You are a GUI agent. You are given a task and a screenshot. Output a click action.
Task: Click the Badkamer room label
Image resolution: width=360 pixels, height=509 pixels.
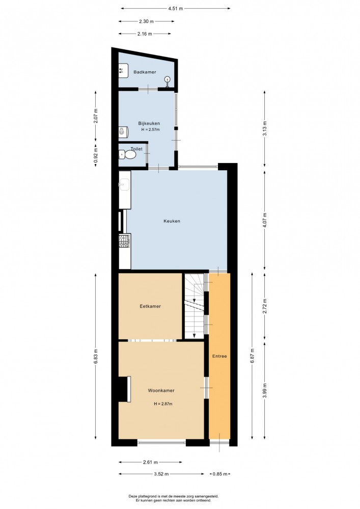click(145, 72)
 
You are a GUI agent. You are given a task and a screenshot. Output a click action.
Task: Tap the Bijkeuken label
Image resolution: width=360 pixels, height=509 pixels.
click(149, 123)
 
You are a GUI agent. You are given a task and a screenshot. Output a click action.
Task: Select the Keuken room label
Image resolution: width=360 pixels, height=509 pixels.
click(172, 221)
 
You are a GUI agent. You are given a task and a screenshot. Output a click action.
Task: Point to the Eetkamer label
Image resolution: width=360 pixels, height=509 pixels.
click(150, 306)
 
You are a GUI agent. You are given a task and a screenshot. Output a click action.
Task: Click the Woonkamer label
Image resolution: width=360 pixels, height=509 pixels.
click(161, 390)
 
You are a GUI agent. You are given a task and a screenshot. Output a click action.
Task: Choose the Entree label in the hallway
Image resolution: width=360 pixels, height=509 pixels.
click(219, 356)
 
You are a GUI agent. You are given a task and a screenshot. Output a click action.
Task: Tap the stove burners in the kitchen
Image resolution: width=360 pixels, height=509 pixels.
click(124, 241)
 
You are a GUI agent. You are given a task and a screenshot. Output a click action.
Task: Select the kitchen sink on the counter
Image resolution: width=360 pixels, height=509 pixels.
click(124, 185)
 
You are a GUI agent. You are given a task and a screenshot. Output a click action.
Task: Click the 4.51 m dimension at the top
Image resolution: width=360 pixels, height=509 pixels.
click(176, 9)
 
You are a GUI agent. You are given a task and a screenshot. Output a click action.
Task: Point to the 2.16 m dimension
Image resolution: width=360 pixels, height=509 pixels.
click(145, 34)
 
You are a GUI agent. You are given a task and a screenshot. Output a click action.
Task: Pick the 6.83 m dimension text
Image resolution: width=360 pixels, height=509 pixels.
click(95, 356)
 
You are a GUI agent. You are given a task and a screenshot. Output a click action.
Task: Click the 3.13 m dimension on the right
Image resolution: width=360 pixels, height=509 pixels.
click(265, 128)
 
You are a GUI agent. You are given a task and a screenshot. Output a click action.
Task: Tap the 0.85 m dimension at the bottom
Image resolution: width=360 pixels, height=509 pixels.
click(220, 474)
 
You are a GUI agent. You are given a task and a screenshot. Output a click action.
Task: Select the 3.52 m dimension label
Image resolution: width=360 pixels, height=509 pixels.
click(161, 474)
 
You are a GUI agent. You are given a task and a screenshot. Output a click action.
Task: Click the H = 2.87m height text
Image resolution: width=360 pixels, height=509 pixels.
click(163, 404)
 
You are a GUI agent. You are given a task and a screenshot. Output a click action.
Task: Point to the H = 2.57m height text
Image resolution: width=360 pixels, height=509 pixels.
click(150, 129)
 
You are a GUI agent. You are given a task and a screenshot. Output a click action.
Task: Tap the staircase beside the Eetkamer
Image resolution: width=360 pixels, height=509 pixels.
click(195, 306)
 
